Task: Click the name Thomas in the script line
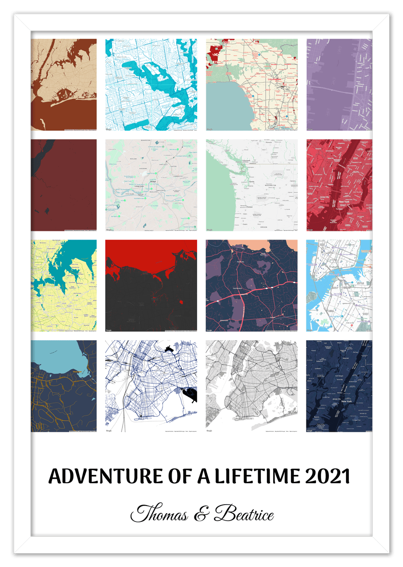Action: (160, 515)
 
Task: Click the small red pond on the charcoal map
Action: (182, 302)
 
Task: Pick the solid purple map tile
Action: (339, 85)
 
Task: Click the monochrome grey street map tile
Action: (251, 386)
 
